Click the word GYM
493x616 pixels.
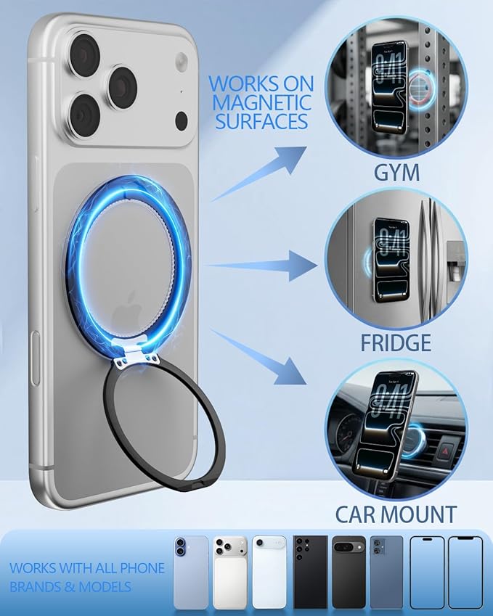(x=396, y=173)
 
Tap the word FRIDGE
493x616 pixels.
(x=396, y=342)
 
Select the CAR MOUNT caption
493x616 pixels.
(x=396, y=514)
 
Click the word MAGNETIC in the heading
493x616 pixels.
(x=261, y=102)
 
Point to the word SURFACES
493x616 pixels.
(x=261, y=121)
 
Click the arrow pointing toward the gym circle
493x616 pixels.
(x=259, y=173)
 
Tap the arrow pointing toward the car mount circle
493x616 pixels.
(x=259, y=358)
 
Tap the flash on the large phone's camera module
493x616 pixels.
(x=182, y=60)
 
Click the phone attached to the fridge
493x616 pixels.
(x=391, y=260)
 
